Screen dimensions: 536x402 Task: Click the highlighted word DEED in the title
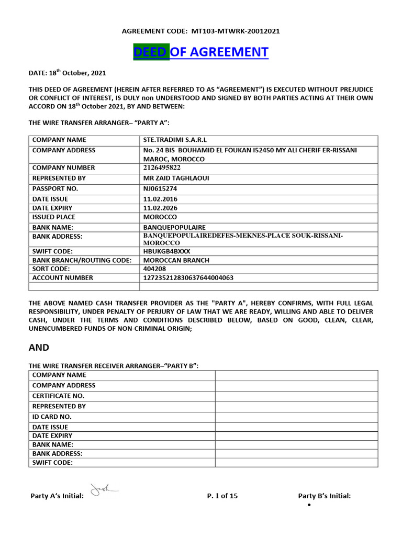coord(151,52)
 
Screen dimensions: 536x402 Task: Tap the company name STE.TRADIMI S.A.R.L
coord(175,140)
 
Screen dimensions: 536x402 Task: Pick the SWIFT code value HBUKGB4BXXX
coord(166,251)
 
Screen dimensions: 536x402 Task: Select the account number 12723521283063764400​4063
coord(188,278)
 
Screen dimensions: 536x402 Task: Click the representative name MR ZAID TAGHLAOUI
coord(176,178)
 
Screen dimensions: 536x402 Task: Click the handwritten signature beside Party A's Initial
coord(103,489)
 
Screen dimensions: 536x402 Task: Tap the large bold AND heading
coord(39,348)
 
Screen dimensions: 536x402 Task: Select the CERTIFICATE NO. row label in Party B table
coord(58,396)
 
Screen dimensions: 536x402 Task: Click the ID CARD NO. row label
coord(52,417)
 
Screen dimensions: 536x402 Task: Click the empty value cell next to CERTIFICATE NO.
coord(296,396)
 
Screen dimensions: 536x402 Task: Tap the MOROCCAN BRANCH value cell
coord(176,260)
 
